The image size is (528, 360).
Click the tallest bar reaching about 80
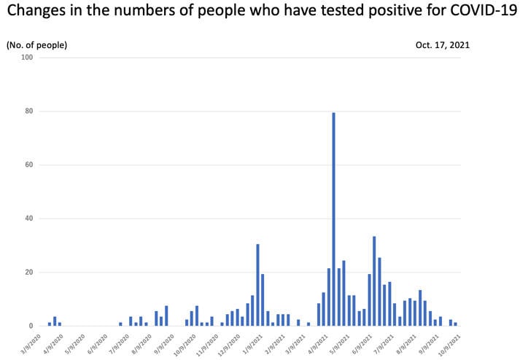click(x=334, y=219)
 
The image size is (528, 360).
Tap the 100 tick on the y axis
click(x=28, y=58)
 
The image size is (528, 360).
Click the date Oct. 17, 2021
click(x=443, y=44)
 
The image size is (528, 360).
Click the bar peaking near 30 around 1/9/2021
click(x=258, y=285)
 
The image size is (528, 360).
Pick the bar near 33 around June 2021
click(x=374, y=281)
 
